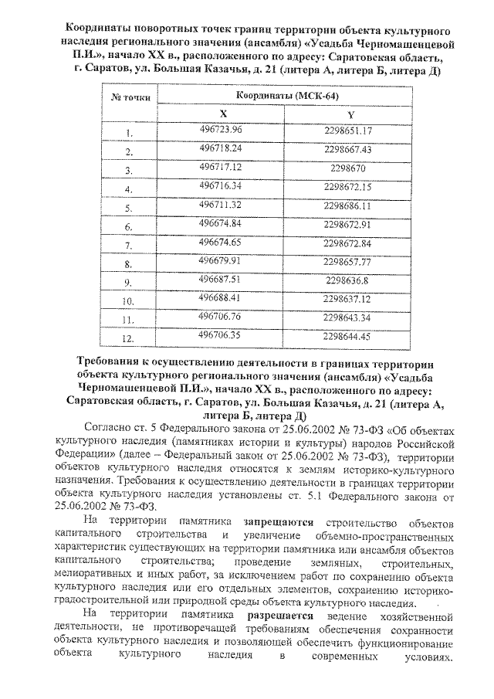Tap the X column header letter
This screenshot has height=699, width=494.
(223, 114)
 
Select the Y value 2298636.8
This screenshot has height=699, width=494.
(348, 280)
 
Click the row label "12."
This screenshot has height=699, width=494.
(130, 338)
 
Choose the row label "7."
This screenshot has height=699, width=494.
(130, 245)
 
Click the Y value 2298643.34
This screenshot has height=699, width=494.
(348, 317)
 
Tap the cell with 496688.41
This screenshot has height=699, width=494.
(221, 298)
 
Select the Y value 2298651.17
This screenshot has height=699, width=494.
(348, 130)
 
